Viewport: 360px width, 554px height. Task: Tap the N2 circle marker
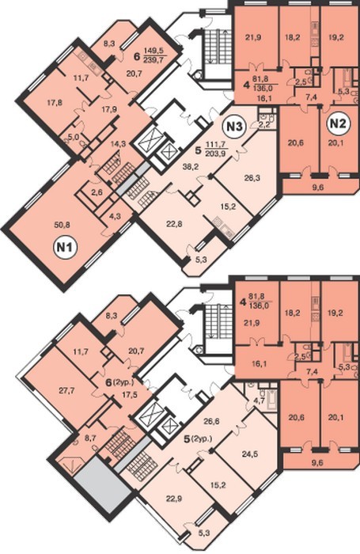[339, 123]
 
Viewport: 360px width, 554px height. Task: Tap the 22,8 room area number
[175, 223]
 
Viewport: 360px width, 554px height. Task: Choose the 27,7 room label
[69, 389]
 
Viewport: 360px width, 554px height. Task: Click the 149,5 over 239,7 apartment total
[155, 55]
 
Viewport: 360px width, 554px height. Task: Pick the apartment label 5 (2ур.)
[198, 439]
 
